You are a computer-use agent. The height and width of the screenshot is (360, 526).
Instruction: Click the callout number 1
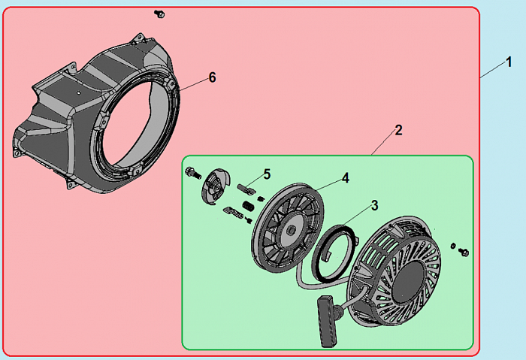point(509,62)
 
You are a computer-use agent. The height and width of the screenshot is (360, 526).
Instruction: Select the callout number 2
point(398,130)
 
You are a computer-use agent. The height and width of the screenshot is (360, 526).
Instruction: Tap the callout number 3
point(375,205)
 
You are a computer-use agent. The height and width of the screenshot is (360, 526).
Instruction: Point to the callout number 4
point(346,178)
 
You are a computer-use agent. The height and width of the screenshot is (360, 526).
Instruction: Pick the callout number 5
point(267,174)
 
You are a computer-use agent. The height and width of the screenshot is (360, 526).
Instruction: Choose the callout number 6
point(213,77)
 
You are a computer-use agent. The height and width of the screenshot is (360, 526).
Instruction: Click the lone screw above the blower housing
point(159,14)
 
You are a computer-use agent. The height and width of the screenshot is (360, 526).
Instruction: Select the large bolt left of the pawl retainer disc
point(192,172)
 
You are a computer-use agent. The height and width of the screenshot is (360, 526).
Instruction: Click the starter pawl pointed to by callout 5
point(246,189)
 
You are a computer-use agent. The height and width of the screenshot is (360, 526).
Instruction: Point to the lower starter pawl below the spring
point(233,212)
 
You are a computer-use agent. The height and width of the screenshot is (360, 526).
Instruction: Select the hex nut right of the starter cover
point(453,246)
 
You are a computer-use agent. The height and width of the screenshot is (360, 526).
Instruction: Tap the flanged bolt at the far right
point(464,252)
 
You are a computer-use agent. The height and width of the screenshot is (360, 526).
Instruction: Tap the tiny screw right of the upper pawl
point(260,199)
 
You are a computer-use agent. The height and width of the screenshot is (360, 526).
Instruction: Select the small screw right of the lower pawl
point(249,219)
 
